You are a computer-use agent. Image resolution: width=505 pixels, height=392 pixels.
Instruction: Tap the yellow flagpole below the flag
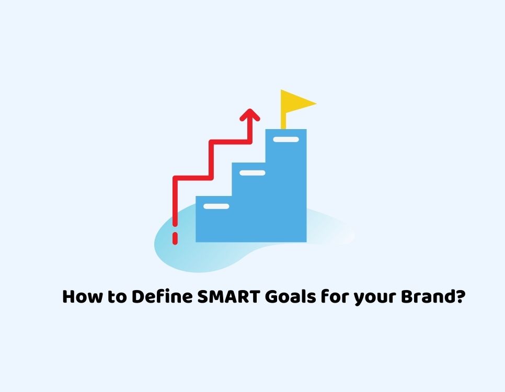[x=283, y=121]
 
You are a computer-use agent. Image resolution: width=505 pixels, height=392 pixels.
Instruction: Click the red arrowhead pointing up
[x=250, y=114]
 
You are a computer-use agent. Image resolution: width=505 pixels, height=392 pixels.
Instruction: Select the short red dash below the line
[x=175, y=238]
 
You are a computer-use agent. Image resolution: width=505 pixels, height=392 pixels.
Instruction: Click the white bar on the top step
[x=286, y=140]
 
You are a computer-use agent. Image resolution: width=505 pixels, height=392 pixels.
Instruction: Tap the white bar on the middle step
[x=252, y=173]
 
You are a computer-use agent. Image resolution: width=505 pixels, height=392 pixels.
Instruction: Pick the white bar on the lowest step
[x=216, y=206]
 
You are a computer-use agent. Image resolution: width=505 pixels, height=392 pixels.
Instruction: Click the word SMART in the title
[x=228, y=296]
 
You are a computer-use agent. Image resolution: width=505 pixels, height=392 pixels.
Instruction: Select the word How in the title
[x=82, y=296]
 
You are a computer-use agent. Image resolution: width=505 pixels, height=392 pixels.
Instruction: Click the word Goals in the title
[x=291, y=296]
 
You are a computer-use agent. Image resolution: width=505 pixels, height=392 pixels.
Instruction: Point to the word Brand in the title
[x=426, y=296]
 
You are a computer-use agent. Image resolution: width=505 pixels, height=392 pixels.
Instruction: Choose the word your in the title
[x=375, y=298]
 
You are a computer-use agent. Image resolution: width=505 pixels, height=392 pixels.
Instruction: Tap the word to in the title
[x=117, y=297]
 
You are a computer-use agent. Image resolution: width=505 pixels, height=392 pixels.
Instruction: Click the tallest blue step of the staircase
[x=286, y=186]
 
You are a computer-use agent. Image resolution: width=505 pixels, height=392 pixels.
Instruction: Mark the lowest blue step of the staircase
[x=214, y=219]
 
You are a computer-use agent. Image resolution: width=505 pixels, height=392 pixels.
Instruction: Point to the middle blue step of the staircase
[x=249, y=202]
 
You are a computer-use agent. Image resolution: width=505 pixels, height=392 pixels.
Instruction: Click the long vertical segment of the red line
[x=175, y=201]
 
